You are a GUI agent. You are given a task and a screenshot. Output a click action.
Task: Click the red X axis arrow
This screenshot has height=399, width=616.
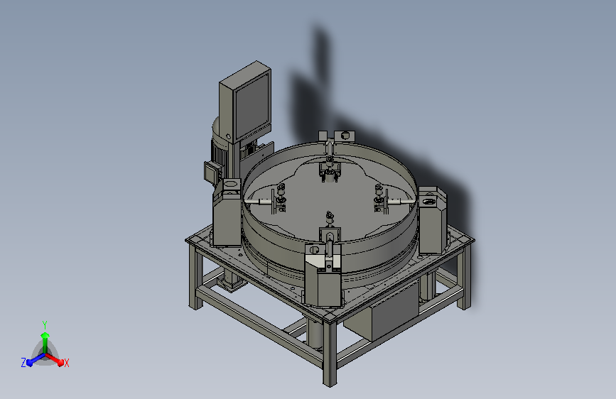pos(55,359)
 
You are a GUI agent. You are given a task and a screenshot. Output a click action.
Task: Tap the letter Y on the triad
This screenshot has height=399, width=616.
pos(45,325)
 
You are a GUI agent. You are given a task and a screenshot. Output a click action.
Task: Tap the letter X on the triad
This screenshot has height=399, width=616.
pos(67,363)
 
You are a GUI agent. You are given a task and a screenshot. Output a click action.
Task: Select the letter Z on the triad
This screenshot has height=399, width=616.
pos(23,363)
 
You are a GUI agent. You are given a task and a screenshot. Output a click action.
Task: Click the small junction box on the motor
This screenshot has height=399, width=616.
pos(212,172)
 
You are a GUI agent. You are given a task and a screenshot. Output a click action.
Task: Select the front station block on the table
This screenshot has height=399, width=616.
pos(323,274)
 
